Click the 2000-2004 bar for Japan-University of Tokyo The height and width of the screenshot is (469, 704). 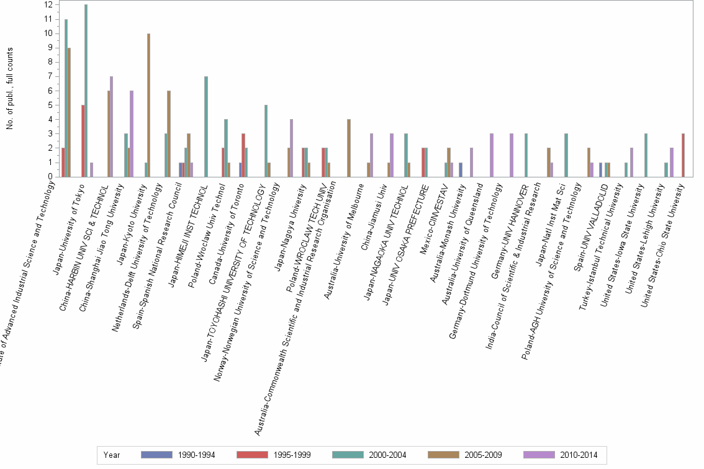(86, 91)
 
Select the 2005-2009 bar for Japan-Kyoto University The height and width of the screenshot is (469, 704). (148, 105)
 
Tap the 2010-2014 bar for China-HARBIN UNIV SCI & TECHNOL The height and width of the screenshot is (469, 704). (112, 127)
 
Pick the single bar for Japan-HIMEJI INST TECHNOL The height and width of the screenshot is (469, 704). (205, 127)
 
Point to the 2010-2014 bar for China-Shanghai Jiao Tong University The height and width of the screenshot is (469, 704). (132, 134)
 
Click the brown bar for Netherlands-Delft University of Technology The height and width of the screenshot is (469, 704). (168, 134)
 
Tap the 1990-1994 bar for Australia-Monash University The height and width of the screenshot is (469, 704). (461, 170)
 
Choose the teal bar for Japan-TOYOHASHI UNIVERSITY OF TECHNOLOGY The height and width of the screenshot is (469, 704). (266, 141)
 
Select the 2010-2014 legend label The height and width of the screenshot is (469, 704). (578, 455)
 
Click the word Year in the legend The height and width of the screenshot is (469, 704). (112, 455)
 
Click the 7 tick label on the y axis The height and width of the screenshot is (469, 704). (49, 76)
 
